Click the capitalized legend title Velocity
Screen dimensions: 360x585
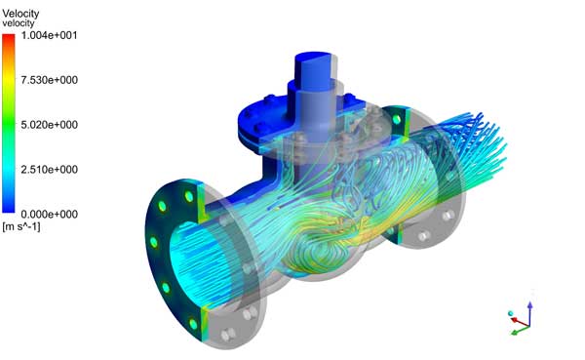[21, 13]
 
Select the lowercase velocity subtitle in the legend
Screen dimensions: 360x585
[20, 23]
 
